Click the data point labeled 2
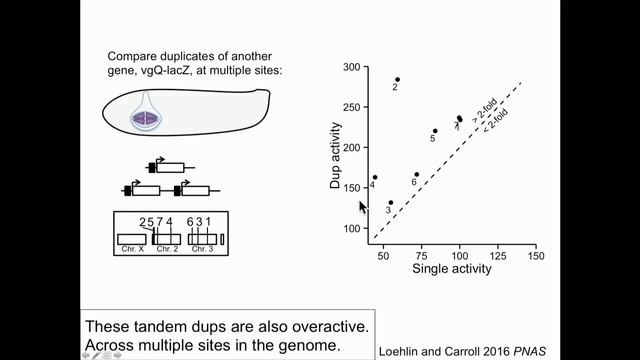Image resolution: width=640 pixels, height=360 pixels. click(x=397, y=79)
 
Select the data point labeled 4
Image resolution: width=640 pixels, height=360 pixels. click(x=375, y=177)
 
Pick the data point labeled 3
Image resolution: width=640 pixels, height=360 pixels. click(x=391, y=202)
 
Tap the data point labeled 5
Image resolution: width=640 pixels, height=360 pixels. click(x=435, y=131)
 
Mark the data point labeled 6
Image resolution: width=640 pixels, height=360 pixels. click(x=417, y=174)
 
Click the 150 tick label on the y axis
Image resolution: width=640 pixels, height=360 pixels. click(x=351, y=188)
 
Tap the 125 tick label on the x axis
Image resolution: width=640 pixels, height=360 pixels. click(x=497, y=257)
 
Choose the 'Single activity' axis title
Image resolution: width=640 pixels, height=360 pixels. click(x=447, y=269)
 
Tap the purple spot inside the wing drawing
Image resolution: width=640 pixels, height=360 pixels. click(x=147, y=118)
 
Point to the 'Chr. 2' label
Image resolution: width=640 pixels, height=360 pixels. click(x=166, y=248)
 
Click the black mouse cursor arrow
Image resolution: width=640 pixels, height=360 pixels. click(x=364, y=207)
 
